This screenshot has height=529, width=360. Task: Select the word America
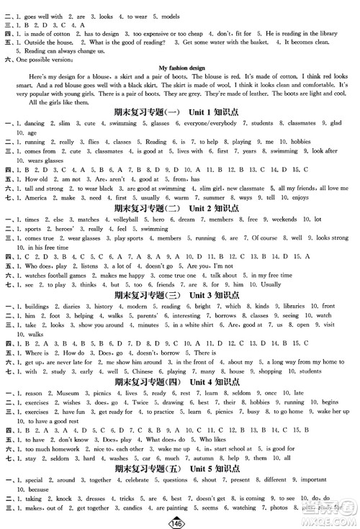pyautogui.click(x=37, y=197)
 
